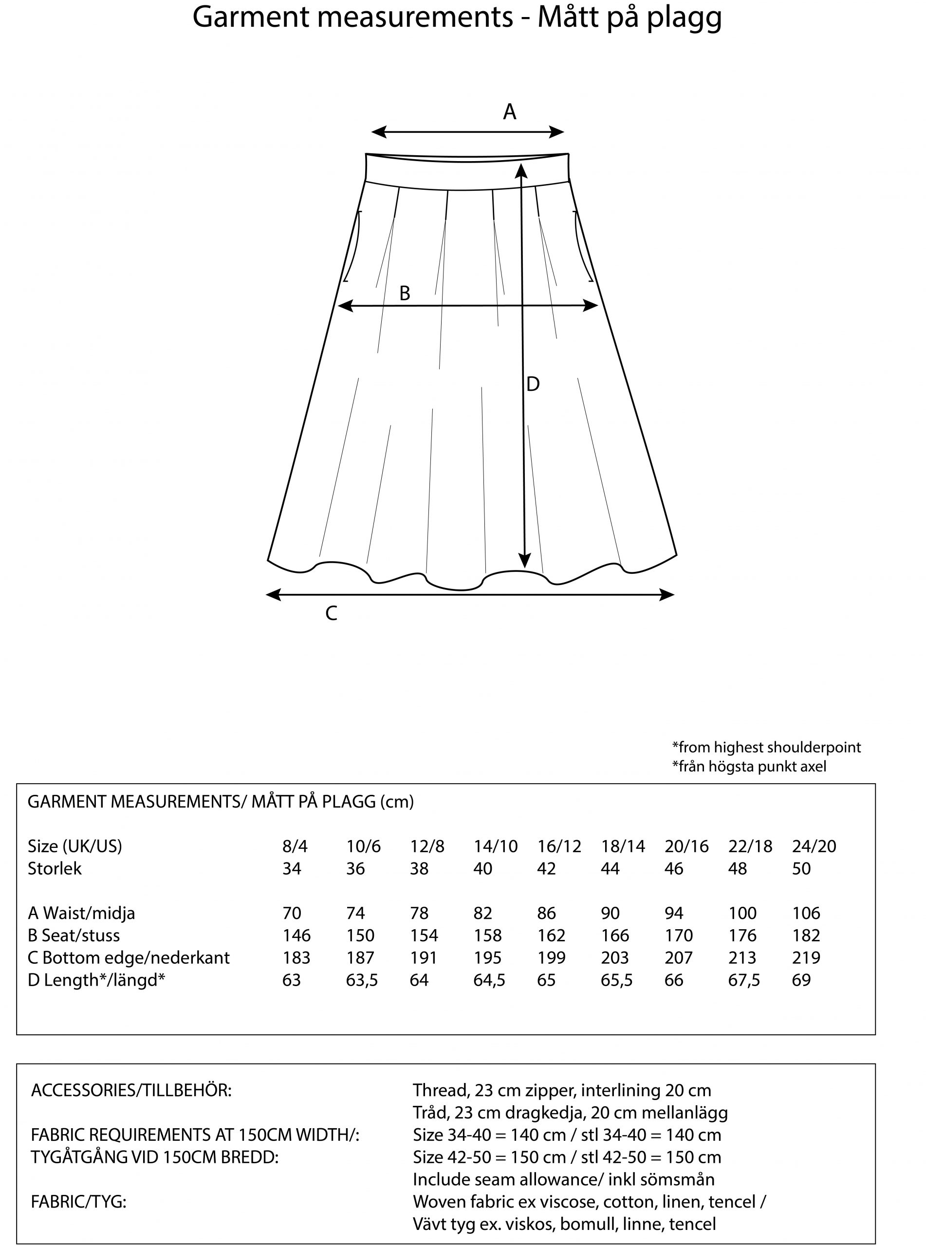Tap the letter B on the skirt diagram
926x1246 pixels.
coord(404,293)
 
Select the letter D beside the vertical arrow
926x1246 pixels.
coord(533,385)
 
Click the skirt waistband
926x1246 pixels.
coord(467,171)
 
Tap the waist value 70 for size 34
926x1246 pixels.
coord(292,913)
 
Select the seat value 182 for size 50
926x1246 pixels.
coord(806,935)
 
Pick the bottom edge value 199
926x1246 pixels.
coord(551,957)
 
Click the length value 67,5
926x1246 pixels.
coord(744,980)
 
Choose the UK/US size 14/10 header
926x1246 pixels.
coord(496,846)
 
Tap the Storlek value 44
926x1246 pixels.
coord(610,868)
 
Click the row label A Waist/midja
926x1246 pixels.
coord(81,913)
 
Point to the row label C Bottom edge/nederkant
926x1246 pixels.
coord(129,957)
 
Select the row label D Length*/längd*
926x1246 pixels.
coord(96,980)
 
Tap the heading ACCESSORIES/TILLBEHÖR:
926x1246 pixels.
coord(131,1090)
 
